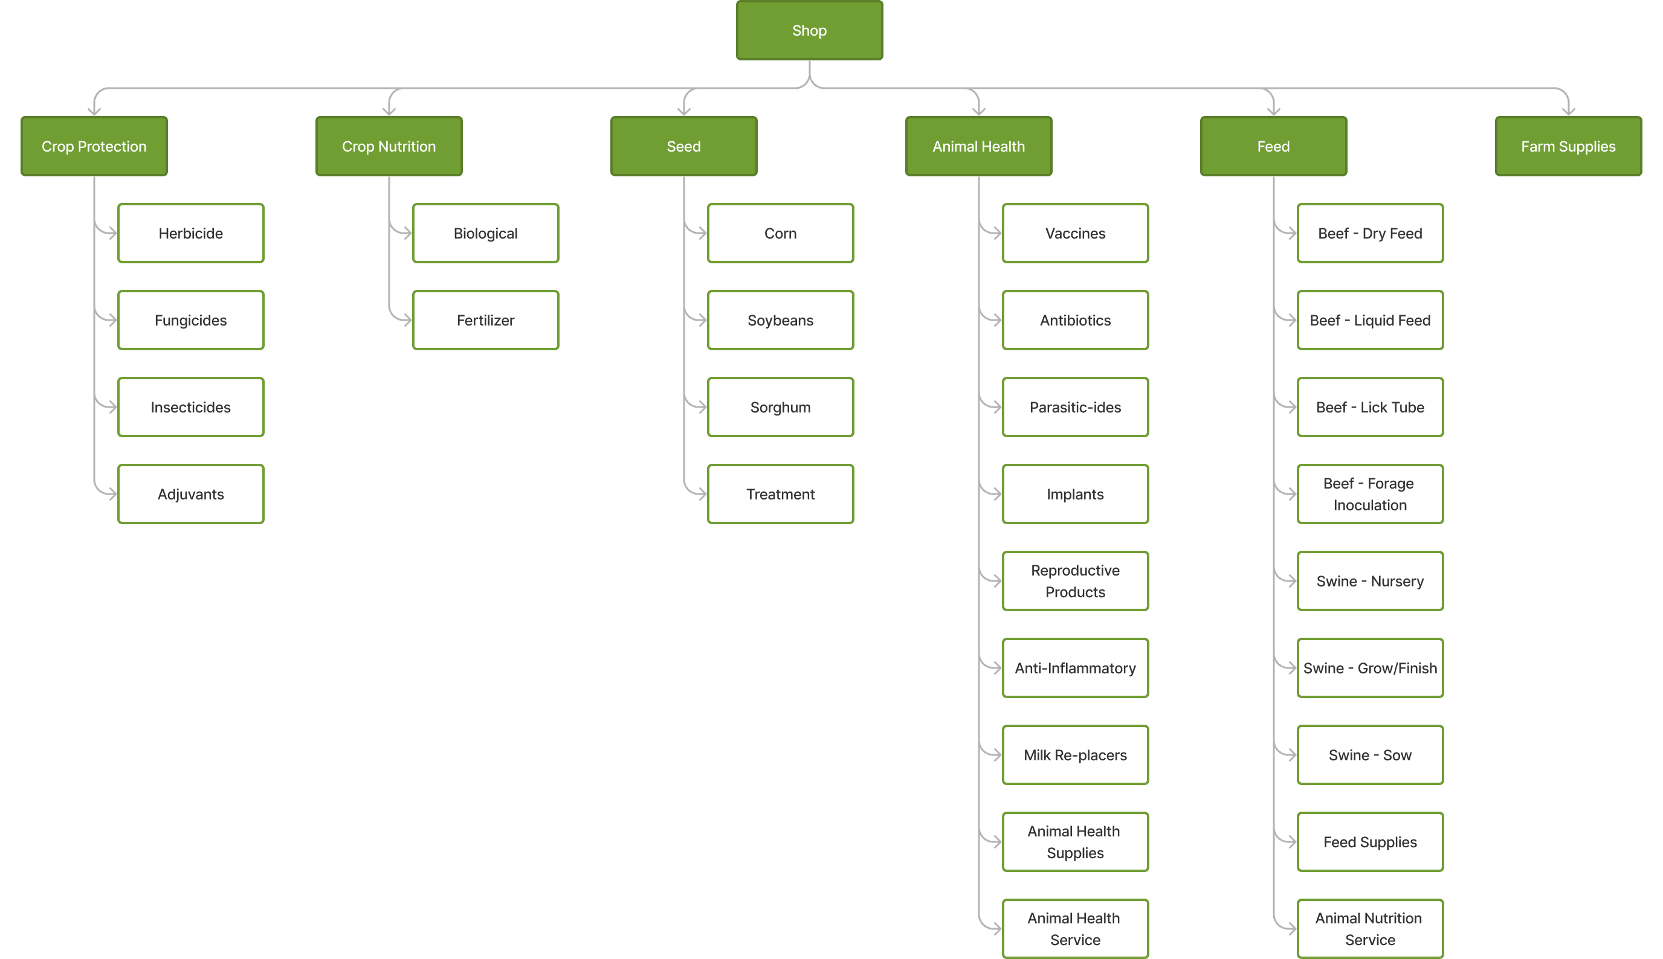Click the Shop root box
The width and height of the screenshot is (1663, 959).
pos(809,30)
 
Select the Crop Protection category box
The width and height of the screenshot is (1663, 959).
pos(94,146)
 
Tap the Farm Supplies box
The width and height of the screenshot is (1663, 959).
pos(1568,146)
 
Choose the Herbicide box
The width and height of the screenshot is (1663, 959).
pos(190,233)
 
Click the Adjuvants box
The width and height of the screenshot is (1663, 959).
pos(190,494)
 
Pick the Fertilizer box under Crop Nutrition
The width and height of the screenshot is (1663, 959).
pos(486,320)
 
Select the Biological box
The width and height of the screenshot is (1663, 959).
pos(486,233)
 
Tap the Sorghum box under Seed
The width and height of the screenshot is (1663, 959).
pos(780,407)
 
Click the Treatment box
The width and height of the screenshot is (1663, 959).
pos(780,494)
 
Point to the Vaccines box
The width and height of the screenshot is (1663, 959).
pos(1075,233)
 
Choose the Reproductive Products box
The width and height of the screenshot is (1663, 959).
pos(1075,581)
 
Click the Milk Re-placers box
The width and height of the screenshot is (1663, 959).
pos(1075,755)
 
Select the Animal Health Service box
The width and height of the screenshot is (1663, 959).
pos(1075,929)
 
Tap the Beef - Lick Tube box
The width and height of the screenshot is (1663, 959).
pos(1370,407)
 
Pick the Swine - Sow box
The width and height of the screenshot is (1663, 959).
pos(1370,755)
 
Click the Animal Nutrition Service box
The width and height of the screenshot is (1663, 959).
pos(1370,929)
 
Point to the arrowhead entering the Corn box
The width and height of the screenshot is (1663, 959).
pos(702,233)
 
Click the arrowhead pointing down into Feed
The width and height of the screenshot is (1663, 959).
pos(1274,111)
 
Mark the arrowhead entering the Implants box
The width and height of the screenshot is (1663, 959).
pos(997,494)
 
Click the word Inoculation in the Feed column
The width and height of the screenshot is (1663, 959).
pos(1370,505)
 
